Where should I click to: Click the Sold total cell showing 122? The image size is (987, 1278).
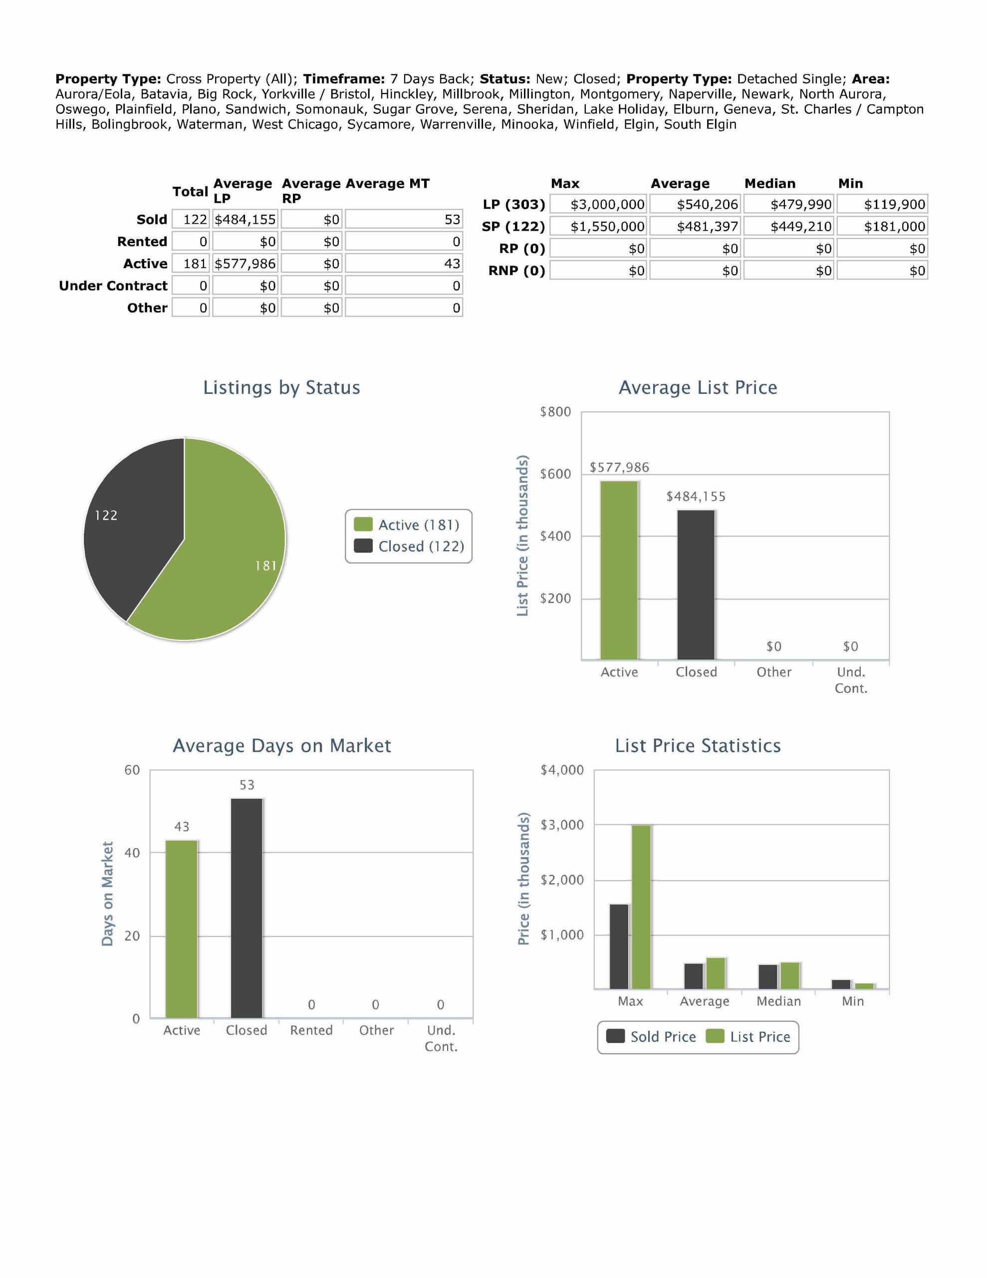[191, 220]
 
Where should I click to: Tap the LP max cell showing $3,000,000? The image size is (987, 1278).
[598, 204]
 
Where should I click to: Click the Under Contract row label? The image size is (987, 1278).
[113, 286]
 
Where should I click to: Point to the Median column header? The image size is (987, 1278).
[770, 183]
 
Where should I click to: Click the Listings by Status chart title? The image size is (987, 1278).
[281, 387]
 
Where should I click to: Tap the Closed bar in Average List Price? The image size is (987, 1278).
[696, 585]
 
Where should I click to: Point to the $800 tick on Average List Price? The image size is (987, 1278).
[555, 412]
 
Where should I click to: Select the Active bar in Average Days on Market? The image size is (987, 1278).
[181, 929]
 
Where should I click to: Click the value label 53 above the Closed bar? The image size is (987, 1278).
[247, 785]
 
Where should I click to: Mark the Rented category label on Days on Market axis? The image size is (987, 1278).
[311, 1030]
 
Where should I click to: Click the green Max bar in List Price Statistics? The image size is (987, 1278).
[641, 907]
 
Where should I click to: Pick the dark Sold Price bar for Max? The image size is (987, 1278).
[619, 947]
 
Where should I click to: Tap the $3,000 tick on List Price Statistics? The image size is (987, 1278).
[562, 825]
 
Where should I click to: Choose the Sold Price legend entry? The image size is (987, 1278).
[651, 1036]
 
